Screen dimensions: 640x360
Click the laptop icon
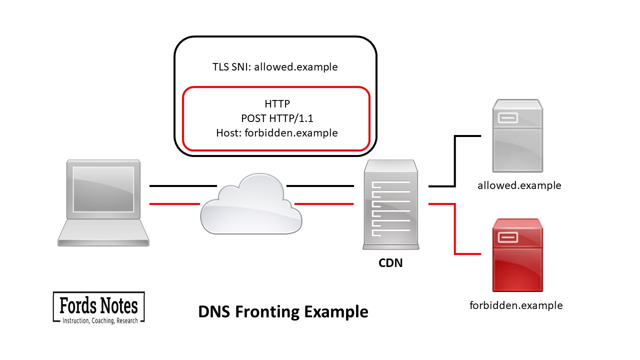(x=103, y=203)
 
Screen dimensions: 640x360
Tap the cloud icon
(x=251, y=204)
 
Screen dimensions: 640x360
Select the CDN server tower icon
(x=391, y=204)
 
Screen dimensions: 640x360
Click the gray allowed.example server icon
(x=517, y=135)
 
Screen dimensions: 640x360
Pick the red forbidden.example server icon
(x=517, y=255)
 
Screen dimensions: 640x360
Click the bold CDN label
(x=390, y=263)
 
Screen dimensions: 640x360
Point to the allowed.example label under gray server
(x=519, y=185)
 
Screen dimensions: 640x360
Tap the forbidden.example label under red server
(x=516, y=305)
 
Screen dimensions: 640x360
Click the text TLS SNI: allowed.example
(x=275, y=67)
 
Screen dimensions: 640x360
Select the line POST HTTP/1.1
(x=277, y=118)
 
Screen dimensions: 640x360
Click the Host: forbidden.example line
(x=277, y=133)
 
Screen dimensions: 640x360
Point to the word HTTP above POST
(x=277, y=103)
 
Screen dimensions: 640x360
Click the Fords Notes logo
(x=99, y=307)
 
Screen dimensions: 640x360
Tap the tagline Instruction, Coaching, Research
(x=100, y=320)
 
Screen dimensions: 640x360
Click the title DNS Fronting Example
(x=283, y=311)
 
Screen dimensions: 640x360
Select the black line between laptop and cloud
(x=183, y=186)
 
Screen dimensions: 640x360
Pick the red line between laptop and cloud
(x=174, y=204)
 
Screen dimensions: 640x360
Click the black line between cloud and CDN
(x=320, y=186)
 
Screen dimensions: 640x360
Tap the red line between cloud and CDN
(x=324, y=204)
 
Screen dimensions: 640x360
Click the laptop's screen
(x=103, y=189)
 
